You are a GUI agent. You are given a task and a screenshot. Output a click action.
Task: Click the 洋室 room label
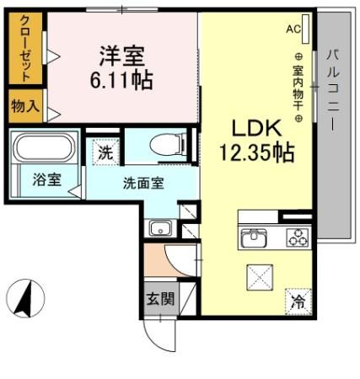click(123, 57)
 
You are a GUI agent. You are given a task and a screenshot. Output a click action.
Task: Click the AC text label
click(293, 29)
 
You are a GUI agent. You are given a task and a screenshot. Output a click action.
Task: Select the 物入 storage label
click(25, 107)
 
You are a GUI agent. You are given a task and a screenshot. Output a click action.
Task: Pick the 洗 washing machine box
click(105, 152)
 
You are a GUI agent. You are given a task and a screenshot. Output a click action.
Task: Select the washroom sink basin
click(160, 227)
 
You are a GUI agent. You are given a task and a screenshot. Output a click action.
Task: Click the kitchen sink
click(253, 238)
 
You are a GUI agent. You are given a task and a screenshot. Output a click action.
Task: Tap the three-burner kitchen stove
click(296, 238)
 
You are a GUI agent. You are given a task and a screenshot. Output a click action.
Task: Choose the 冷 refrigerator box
click(297, 297)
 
